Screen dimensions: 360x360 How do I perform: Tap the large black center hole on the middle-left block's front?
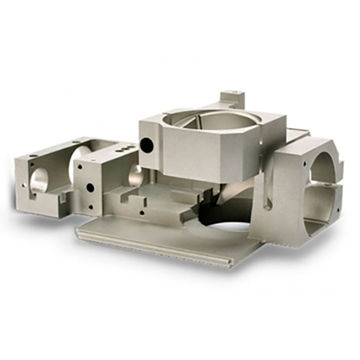pos(90,187)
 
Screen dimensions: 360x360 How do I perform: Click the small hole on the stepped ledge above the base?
pos(142,212)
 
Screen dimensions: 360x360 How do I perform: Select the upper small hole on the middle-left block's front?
pos(80,166)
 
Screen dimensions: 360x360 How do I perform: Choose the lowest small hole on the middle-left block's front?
pos(90,207)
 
